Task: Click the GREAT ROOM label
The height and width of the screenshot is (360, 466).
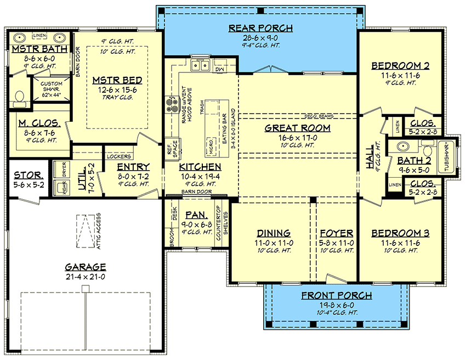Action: point(297,128)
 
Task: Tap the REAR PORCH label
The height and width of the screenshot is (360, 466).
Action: point(260,28)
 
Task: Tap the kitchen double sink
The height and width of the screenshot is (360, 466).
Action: point(201,66)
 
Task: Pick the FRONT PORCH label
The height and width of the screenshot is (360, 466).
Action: point(336,295)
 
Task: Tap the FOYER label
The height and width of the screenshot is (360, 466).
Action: point(336,233)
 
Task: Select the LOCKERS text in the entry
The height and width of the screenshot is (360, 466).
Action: point(118,156)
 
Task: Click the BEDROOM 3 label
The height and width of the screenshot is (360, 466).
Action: point(400,233)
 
